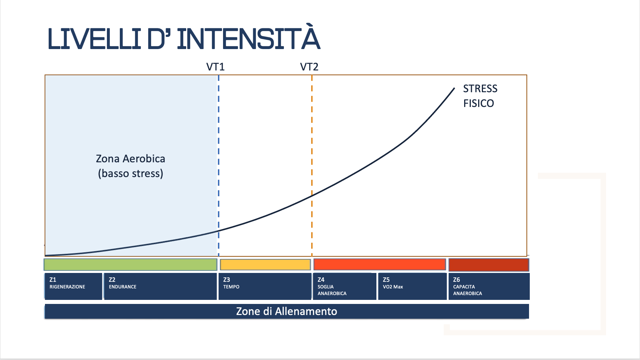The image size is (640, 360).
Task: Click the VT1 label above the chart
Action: (x=215, y=67)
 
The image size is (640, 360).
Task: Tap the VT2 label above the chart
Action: (x=309, y=67)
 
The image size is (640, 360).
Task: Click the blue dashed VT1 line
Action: (x=219, y=148)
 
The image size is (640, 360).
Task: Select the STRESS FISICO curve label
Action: (x=480, y=96)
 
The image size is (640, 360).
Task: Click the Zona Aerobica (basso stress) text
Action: (x=131, y=166)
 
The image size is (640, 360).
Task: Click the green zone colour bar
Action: (x=130, y=264)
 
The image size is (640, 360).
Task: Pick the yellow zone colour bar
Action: (x=265, y=264)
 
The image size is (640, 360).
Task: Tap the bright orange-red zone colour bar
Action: (x=379, y=264)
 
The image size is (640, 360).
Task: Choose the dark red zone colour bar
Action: (x=488, y=264)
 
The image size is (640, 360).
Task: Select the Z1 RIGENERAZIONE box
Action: (x=73, y=286)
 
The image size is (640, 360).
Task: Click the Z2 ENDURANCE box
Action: (x=160, y=286)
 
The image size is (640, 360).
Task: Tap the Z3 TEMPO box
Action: (x=265, y=286)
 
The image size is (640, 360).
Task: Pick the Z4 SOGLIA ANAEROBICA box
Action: (x=344, y=286)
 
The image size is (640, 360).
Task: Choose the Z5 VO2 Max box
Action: (x=412, y=286)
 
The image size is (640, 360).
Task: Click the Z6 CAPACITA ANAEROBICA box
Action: (x=489, y=286)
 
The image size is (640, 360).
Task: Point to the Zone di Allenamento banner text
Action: (x=286, y=311)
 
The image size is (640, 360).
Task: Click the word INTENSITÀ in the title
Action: (x=248, y=38)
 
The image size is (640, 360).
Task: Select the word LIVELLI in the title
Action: (x=94, y=38)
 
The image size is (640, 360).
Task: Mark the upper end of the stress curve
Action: (x=454, y=89)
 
